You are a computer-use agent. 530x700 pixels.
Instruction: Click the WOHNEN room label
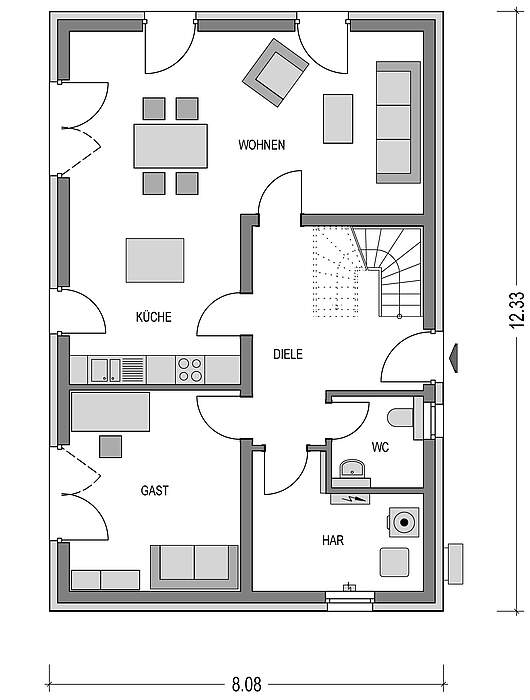[x=262, y=145]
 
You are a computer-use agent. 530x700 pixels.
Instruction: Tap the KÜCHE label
[x=154, y=317]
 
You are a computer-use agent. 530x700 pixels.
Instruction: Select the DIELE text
[x=288, y=354]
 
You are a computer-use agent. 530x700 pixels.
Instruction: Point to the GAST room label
[x=154, y=491]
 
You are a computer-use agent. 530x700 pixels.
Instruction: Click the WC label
[x=380, y=447]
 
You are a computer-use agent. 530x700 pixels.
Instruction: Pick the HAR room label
[x=333, y=541]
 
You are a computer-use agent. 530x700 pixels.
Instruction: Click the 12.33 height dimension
[x=517, y=310]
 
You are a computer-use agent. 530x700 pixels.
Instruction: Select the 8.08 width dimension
[x=246, y=683]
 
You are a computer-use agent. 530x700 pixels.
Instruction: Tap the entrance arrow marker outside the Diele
[x=454, y=358]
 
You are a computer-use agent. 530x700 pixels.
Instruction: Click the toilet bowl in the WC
[x=401, y=417]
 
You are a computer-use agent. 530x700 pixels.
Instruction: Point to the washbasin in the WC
[x=353, y=470]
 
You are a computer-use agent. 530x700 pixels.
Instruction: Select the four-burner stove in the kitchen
[x=190, y=370]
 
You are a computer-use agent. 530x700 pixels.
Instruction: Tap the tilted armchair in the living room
[x=275, y=73]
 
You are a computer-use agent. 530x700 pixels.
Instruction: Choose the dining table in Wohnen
[x=171, y=146]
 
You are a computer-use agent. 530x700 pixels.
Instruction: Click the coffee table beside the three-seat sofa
[x=338, y=119]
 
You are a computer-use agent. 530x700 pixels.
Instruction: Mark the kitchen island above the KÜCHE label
[x=155, y=260]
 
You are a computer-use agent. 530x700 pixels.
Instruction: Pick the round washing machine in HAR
[x=404, y=521]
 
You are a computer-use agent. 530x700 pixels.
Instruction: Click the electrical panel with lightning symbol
[x=351, y=499]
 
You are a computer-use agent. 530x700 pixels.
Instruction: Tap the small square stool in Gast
[x=110, y=446]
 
